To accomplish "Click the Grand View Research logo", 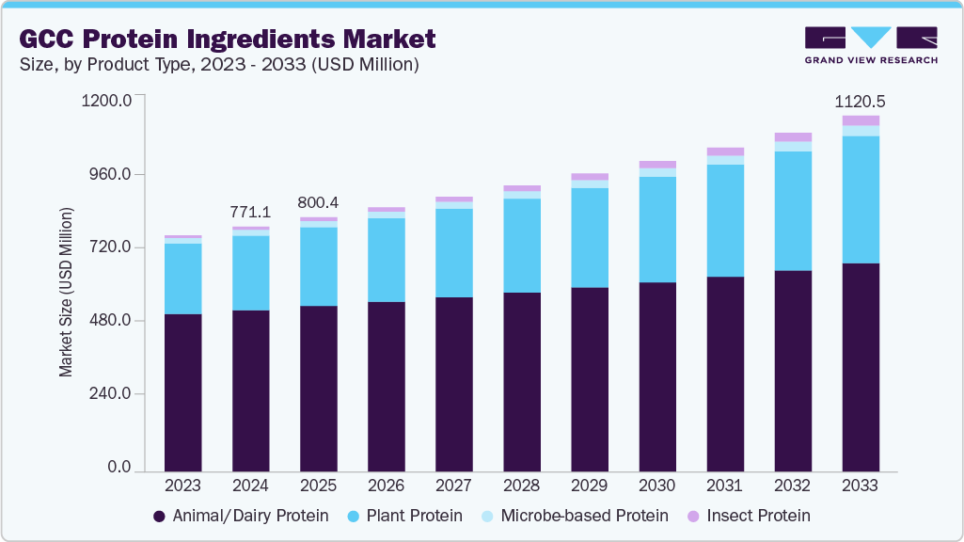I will [x=871, y=44].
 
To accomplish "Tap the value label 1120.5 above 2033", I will [x=861, y=102].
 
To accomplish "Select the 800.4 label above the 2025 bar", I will [x=319, y=202].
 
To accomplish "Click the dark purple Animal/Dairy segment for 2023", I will [x=183, y=392].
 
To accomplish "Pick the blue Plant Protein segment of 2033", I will [x=861, y=199].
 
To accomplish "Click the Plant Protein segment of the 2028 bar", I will [x=522, y=246].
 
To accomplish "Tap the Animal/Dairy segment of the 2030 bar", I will [x=657, y=376].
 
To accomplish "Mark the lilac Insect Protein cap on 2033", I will [x=861, y=120].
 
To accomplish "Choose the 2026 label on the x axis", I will [x=387, y=486].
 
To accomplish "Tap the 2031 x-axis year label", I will [x=725, y=486].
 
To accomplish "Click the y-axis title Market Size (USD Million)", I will [x=66, y=292].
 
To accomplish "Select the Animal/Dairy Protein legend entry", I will [x=241, y=516].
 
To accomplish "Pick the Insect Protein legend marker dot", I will [x=693, y=516].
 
